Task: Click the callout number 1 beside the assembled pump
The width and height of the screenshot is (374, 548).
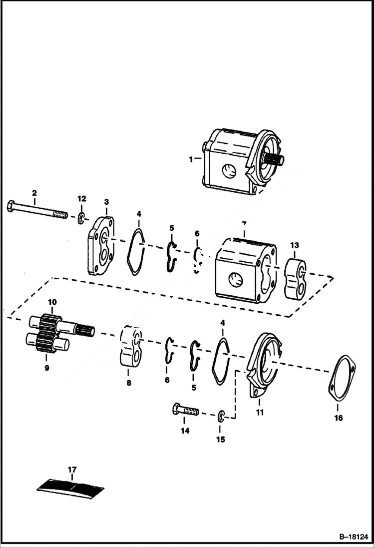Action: (191, 159)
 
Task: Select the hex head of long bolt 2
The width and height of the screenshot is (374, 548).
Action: (10, 206)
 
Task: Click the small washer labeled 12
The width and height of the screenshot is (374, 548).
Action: (81, 218)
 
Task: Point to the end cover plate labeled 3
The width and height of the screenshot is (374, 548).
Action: (101, 245)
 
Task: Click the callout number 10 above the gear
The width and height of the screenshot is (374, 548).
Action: (52, 303)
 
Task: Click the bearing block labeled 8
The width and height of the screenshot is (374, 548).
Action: (131, 345)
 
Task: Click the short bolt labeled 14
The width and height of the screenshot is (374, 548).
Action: (185, 411)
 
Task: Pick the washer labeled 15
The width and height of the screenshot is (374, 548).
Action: (221, 415)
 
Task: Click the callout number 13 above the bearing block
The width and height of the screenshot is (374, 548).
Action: (295, 245)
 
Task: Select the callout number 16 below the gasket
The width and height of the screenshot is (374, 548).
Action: (339, 418)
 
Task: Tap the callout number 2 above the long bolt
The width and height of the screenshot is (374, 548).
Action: (34, 193)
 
